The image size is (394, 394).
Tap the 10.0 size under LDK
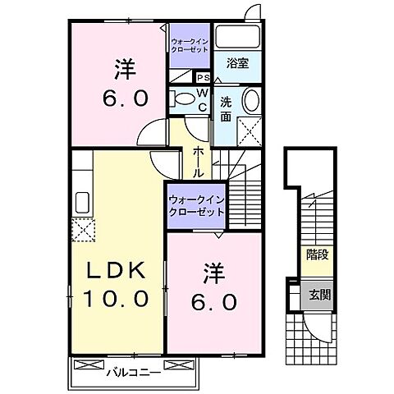click(x=114, y=299)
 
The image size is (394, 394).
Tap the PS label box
click(x=202, y=77)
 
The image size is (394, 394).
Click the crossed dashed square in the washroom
click(x=248, y=130)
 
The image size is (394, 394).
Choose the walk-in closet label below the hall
click(x=196, y=204)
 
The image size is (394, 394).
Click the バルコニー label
click(x=128, y=373)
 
